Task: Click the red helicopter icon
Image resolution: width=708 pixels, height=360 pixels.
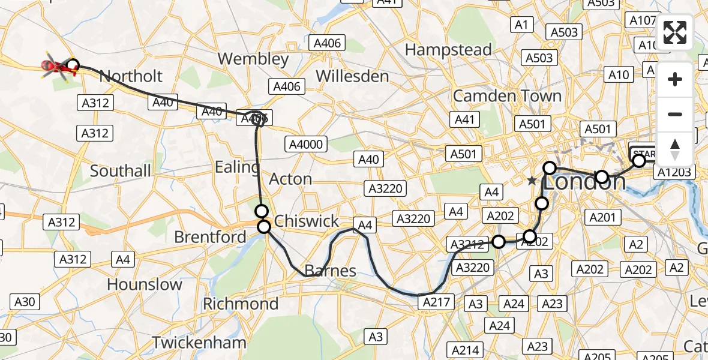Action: (58, 66)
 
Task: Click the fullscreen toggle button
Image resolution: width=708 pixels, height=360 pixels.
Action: (675, 32)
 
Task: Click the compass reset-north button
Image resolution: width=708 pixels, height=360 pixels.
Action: (675, 149)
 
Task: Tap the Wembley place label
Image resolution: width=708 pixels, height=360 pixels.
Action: (253, 59)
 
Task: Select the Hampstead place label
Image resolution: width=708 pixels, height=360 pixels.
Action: (448, 49)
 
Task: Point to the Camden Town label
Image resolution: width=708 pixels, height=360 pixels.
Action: (507, 96)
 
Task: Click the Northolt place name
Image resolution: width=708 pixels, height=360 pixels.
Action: (130, 76)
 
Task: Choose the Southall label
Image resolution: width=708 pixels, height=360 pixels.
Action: (121, 171)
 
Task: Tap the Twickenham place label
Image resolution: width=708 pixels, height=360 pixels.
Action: (199, 343)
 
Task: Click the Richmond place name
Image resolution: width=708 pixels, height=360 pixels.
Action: (240, 304)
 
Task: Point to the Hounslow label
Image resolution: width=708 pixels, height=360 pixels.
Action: (144, 284)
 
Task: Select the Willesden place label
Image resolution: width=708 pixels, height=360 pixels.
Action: (352, 76)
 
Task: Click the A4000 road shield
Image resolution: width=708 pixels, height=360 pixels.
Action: (307, 144)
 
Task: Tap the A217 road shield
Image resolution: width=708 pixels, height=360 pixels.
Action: (436, 302)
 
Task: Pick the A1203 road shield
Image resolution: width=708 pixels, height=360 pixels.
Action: (674, 173)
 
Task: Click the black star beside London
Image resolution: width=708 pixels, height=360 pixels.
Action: (531, 180)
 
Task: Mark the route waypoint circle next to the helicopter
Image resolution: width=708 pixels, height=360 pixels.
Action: (73, 65)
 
